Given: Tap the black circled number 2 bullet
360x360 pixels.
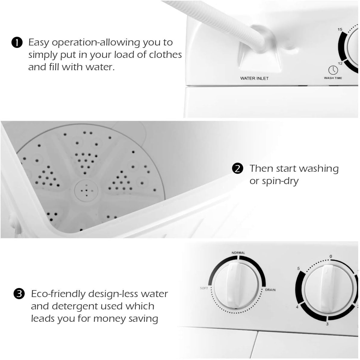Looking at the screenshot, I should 237,168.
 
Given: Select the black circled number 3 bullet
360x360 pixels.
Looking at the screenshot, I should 19,293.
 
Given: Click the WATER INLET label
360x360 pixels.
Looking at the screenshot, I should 254,78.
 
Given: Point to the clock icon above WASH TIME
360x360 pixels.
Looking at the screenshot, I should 333,70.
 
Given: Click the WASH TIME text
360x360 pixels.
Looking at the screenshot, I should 333,78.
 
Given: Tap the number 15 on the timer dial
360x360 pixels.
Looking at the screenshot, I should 340,30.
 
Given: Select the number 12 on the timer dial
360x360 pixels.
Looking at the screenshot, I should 340,64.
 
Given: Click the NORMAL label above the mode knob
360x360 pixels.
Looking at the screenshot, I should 238,252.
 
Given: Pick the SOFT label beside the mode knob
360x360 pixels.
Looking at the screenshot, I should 204,288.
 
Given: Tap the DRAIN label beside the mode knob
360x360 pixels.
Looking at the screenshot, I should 270,290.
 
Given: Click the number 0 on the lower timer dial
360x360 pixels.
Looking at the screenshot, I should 331,257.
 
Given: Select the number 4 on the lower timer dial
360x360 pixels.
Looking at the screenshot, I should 297,307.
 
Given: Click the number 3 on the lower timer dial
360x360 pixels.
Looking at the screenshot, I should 327,324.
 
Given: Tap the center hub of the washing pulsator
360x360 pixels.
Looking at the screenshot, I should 86,190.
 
